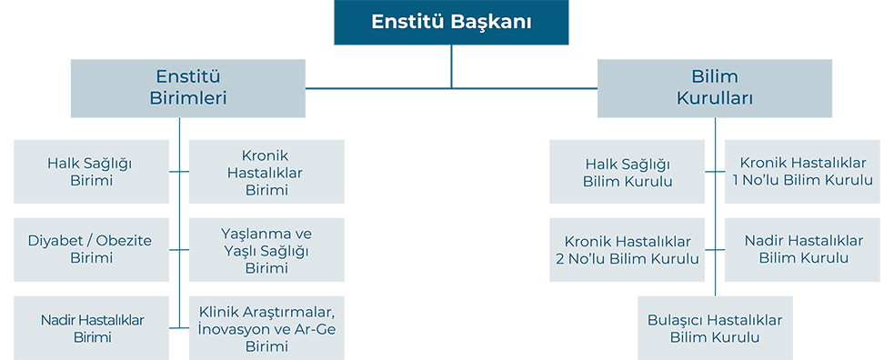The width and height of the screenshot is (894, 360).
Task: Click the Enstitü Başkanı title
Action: pyautogui.click(x=451, y=22)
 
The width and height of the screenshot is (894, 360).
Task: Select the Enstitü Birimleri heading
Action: pyautogui.click(x=187, y=87)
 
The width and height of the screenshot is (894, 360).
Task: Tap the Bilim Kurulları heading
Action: pyautogui.click(x=714, y=87)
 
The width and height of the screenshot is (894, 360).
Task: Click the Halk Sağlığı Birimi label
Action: pyautogui.click(x=90, y=172)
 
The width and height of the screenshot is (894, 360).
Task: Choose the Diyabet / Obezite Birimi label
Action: pyautogui.click(x=90, y=249)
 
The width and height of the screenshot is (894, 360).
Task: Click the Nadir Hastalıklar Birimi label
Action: pyautogui.click(x=92, y=328)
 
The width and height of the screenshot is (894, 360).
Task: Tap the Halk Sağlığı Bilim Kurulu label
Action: pyautogui.click(x=628, y=172)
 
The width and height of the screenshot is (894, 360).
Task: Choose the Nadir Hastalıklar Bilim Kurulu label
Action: pyautogui.click(x=803, y=249)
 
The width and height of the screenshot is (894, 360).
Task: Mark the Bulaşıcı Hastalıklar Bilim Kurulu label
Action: pyautogui.click(x=715, y=328)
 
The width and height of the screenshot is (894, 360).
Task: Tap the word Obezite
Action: pyautogui.click(x=122, y=241)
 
